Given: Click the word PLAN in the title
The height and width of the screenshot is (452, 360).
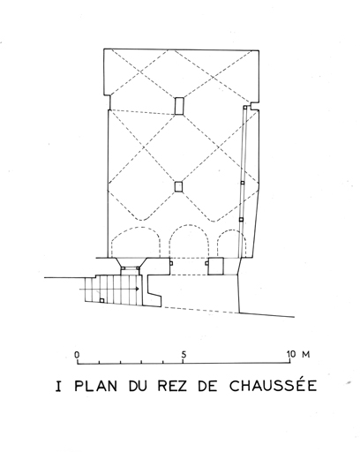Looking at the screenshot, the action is [x=96, y=386].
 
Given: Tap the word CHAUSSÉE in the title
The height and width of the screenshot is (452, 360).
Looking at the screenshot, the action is [x=274, y=385].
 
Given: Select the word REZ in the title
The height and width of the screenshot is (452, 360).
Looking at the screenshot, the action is [x=172, y=386].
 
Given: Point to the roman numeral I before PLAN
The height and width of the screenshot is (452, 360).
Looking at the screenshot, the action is [x=59, y=386].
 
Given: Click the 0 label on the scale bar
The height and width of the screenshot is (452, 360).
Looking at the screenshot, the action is [x=77, y=354].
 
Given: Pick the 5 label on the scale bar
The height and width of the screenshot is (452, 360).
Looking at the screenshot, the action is [x=184, y=355].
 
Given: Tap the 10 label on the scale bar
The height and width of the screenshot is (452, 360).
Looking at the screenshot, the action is [x=291, y=354].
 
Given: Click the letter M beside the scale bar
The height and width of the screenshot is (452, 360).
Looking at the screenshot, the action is [x=305, y=354].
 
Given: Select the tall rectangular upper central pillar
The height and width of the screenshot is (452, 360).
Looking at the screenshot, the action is [x=179, y=106].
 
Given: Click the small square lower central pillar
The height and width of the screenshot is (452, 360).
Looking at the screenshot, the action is [x=178, y=186].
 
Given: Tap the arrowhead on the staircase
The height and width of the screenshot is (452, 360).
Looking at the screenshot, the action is [x=137, y=289].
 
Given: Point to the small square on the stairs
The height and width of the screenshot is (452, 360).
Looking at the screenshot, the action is [x=101, y=300].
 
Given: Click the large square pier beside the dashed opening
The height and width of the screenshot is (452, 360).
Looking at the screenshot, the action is [x=215, y=266].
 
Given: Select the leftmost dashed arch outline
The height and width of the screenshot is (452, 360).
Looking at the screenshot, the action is [x=136, y=227].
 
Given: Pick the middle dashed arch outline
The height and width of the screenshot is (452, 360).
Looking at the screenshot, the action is [x=189, y=226].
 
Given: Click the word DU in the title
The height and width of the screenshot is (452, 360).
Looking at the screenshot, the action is [x=138, y=386].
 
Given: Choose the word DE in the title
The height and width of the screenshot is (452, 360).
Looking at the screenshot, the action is [x=208, y=386].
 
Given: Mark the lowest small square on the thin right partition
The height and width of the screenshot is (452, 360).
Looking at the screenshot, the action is [x=242, y=219].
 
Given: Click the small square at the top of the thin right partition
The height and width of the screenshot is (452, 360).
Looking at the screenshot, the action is [x=244, y=108].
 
